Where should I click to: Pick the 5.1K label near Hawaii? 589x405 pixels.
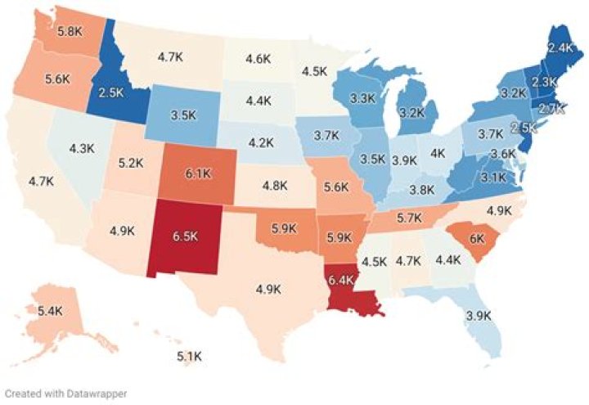(191, 357)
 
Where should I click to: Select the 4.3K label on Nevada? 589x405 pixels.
(83, 149)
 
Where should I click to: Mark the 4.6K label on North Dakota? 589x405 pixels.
(259, 58)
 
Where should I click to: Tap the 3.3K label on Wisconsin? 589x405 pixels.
(362, 98)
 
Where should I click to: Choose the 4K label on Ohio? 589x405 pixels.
(438, 152)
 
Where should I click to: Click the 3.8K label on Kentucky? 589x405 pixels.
(421, 188)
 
